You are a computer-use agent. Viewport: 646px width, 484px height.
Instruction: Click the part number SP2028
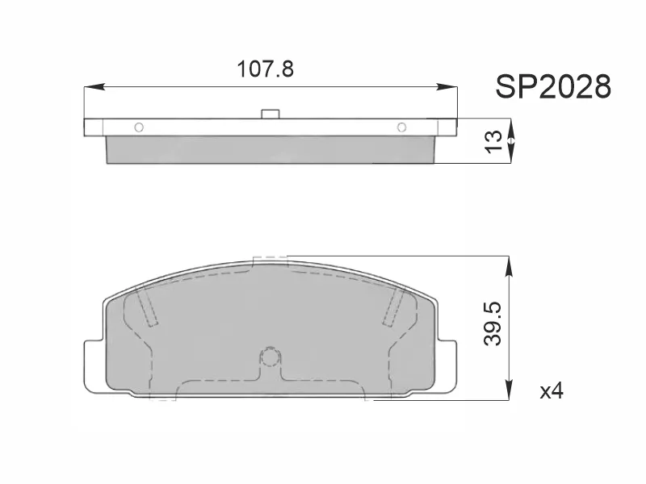(x=552, y=86)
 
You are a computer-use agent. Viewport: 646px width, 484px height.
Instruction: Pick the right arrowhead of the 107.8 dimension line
(x=451, y=86)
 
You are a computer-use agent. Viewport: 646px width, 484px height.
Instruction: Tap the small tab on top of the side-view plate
(x=271, y=115)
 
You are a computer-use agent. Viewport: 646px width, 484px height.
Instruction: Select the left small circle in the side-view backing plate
(x=138, y=127)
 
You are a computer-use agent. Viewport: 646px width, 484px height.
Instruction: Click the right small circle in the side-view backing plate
(x=401, y=127)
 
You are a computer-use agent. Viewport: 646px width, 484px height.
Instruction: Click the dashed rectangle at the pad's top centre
(x=271, y=261)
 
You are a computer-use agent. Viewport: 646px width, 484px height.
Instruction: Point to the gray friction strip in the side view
(x=271, y=149)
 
